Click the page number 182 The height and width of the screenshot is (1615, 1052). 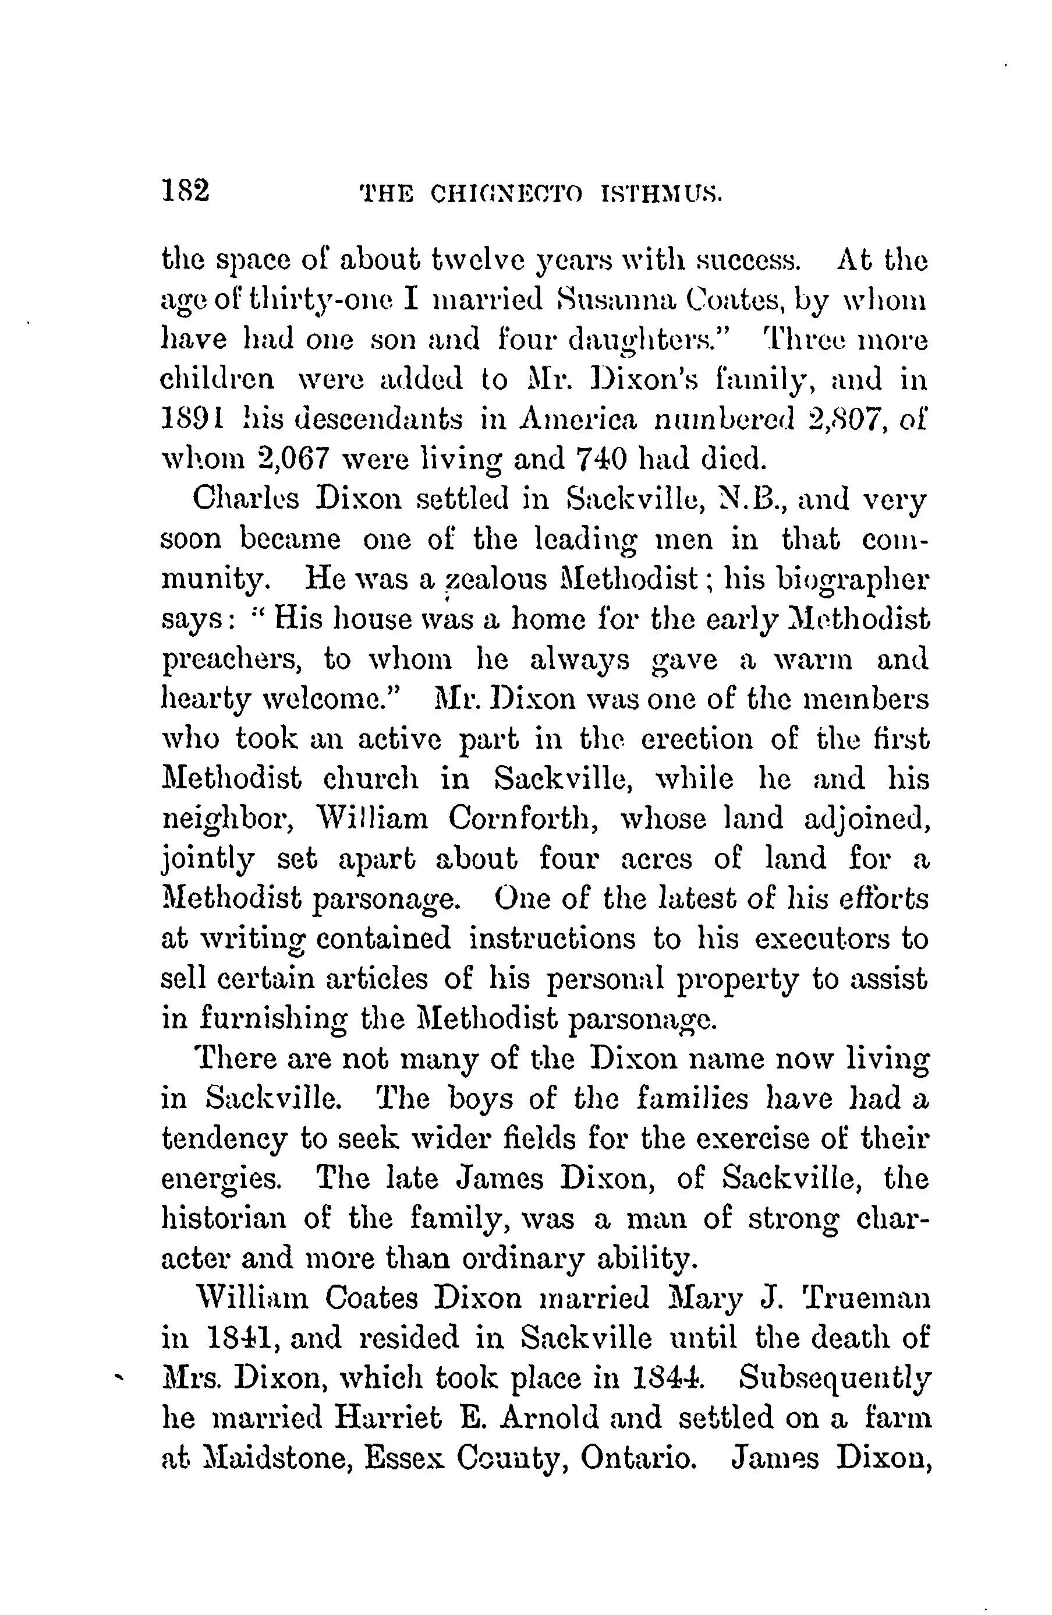click(x=185, y=191)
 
